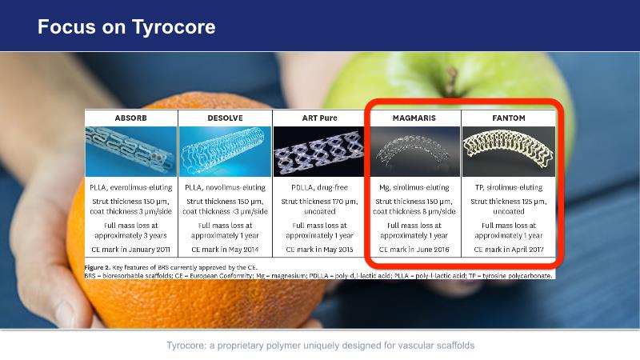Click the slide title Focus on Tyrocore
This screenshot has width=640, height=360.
point(126,27)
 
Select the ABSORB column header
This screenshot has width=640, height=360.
point(130,118)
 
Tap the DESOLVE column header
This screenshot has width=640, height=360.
point(225,118)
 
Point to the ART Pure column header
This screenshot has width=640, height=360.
point(319,118)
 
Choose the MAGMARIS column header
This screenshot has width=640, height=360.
point(414,118)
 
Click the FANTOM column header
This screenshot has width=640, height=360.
point(509,118)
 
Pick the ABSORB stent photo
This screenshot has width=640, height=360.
point(131,151)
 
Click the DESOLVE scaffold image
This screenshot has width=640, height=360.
point(225,151)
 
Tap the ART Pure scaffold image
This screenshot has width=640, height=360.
point(318,151)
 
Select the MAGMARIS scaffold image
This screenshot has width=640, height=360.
point(414,151)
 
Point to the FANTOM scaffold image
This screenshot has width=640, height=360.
point(509,151)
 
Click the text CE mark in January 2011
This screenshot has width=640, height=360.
point(130,250)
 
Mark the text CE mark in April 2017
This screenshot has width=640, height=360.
point(509,249)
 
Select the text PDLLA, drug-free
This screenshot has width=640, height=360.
point(319,187)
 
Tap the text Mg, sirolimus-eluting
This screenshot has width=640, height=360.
point(414,187)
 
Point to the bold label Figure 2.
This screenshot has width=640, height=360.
point(97,267)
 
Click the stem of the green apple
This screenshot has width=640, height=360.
point(451,82)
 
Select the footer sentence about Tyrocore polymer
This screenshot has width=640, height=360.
point(321,346)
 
